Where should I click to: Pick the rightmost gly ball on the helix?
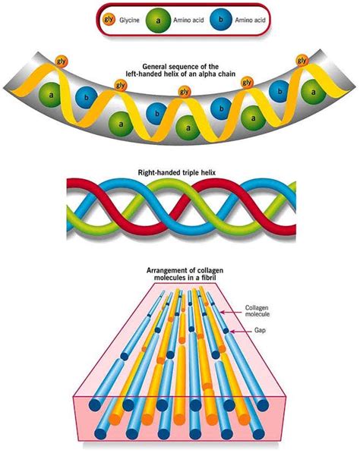click(x=302, y=60)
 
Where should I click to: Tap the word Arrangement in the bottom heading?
click(x=166, y=269)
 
